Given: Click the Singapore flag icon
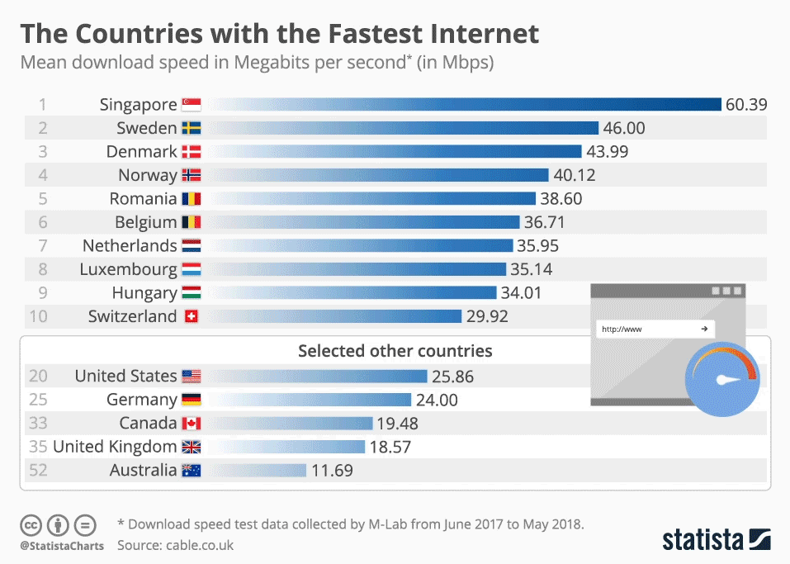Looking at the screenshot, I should coord(192,105).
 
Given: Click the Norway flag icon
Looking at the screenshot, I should coord(192,175).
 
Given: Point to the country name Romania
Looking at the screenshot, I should coord(143,199).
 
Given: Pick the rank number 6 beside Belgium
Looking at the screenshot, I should coord(43,222).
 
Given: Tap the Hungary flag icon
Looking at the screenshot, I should coord(192,293).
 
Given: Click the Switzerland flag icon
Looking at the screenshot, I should coord(192,316).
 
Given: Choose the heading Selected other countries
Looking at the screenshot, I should coord(395,351).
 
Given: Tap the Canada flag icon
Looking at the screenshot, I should coord(192,424).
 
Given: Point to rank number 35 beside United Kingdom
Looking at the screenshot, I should coord(39,447).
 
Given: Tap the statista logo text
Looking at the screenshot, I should coord(702,540).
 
